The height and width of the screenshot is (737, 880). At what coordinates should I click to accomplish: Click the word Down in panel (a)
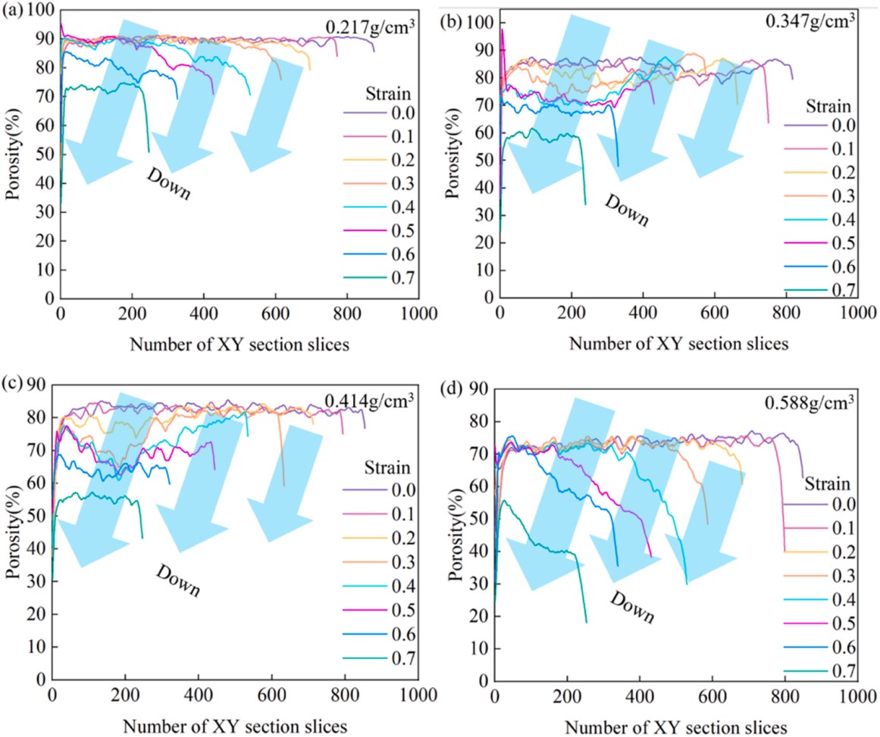[168, 184]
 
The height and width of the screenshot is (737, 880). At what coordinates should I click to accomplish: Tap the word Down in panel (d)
[631, 605]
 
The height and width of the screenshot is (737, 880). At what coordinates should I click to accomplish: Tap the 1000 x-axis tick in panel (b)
[857, 311]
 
